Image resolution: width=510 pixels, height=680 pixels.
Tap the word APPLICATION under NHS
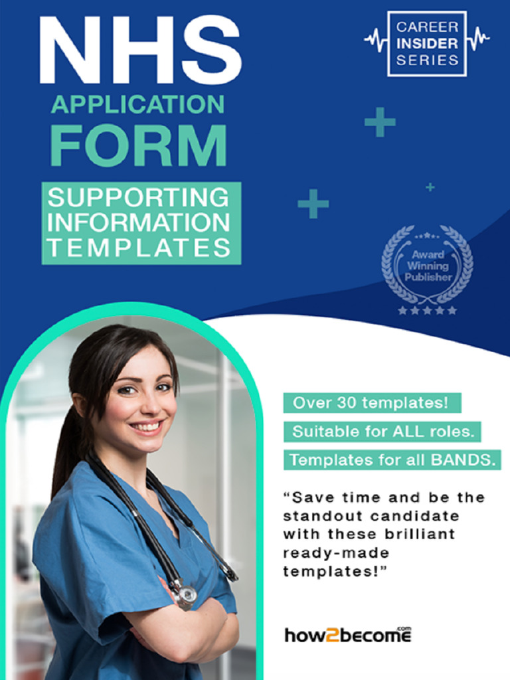point(138,104)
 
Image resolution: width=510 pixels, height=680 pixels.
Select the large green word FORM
point(138,145)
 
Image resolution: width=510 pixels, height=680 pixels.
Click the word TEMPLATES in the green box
point(139,248)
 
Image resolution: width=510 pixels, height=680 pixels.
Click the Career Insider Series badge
point(427,43)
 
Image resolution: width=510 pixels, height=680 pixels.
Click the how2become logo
point(348,635)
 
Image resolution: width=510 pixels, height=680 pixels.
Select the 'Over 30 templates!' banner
point(371,402)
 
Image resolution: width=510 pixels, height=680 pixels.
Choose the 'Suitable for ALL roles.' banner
point(383,432)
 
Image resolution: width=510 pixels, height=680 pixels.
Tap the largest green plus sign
point(380,122)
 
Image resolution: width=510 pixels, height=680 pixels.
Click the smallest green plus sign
point(430,187)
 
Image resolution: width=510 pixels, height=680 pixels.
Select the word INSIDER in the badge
point(427,44)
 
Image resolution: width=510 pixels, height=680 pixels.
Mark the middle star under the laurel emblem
point(427,310)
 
